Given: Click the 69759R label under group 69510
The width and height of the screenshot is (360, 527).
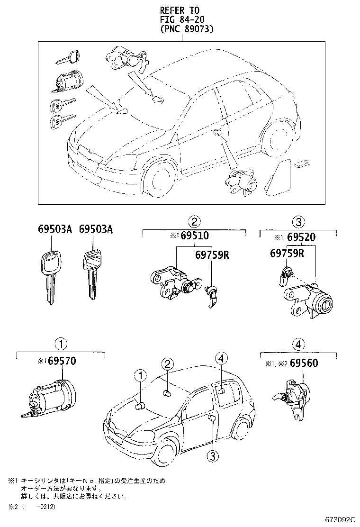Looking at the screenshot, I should point(212,255).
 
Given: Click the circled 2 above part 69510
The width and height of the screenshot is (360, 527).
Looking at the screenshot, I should point(194,220).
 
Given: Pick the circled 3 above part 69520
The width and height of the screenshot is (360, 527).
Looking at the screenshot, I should point(298,220).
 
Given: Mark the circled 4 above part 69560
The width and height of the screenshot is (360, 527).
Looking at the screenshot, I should point(297,344).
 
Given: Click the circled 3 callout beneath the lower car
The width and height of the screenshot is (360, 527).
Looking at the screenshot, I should point(212,455).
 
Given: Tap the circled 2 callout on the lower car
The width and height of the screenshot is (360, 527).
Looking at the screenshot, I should point(166,364).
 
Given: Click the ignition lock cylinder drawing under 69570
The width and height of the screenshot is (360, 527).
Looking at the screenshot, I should point(47,398).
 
